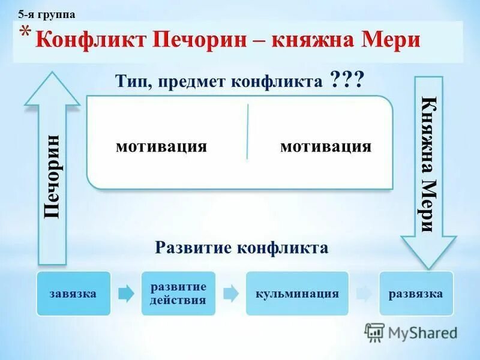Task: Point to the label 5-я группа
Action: point(47,14)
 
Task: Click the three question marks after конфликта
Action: point(346,80)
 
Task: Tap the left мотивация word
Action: point(161,146)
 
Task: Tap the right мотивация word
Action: point(326,146)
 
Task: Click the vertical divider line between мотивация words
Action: point(247,132)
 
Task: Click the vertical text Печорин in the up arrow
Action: point(52,176)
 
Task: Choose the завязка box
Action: point(74,293)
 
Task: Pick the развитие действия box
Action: point(178,293)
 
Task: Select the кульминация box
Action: point(297,293)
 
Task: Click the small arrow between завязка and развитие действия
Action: point(126,293)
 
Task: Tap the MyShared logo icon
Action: point(375,332)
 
